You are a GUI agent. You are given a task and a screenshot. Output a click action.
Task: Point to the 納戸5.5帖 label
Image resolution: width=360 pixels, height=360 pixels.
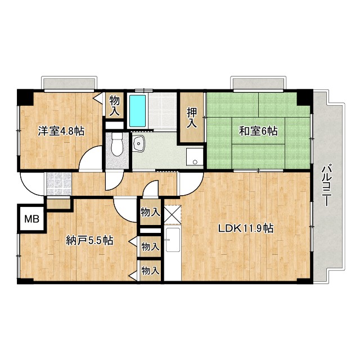click(89, 241)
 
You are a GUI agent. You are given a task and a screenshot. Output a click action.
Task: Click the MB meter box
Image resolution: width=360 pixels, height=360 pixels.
click(30, 218)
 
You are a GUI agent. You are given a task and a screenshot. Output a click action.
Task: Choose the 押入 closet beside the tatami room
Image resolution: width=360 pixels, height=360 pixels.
click(192, 117)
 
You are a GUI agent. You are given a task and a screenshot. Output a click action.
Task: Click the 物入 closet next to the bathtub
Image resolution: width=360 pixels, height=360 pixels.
click(115, 105)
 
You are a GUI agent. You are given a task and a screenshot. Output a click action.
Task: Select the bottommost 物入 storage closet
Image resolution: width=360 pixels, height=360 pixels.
click(150, 271)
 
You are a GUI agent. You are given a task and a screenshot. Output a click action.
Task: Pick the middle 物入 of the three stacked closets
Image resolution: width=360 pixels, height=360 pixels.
click(150, 246)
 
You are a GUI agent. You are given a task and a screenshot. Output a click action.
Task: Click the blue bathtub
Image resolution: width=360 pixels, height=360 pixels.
click(137, 110)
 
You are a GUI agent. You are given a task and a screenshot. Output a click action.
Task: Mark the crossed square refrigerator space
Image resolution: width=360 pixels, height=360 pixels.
click(172, 214)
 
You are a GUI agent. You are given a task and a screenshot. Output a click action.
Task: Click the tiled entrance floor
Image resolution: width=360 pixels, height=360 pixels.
click(58, 183)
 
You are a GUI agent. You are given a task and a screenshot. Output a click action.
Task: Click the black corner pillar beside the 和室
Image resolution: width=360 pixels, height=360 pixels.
click(304, 97)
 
